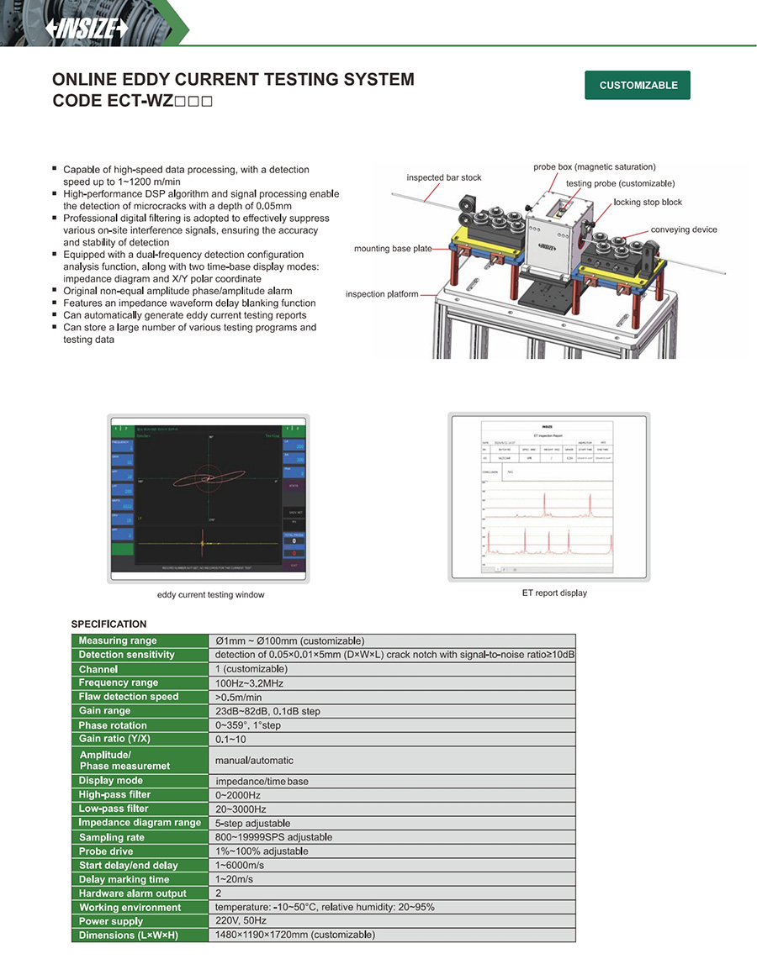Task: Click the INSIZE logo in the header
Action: coord(87,27)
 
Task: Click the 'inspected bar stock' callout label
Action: coord(444,178)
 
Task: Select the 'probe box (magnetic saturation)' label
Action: coord(594,167)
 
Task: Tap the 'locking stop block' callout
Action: coord(648,203)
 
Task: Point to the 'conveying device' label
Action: coord(684,229)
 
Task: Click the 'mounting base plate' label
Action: coord(392,249)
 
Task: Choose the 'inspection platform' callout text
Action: coord(383,294)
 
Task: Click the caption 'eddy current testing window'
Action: coord(211,595)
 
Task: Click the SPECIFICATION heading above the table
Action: coord(109,624)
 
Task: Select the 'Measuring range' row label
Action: coord(118,640)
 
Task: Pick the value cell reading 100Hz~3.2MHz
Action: coord(251,682)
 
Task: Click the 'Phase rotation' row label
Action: coord(113,725)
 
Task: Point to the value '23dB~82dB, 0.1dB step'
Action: coord(267,711)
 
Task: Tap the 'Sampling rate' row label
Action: coord(112,837)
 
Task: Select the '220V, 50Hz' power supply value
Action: coord(243,921)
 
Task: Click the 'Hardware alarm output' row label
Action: coord(133,893)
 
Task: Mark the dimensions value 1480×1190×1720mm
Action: coord(295,935)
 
